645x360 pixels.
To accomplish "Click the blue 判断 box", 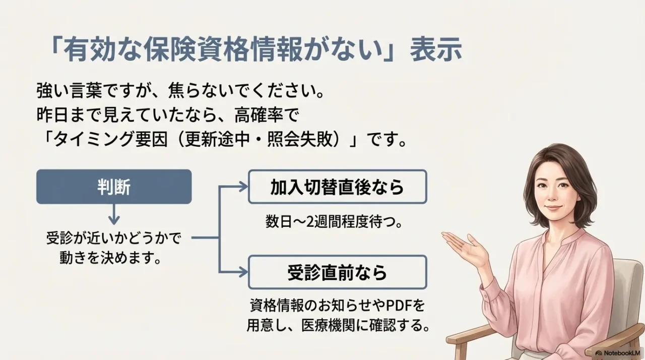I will pos(114,187).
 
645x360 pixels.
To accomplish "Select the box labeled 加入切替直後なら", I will pos(337,187).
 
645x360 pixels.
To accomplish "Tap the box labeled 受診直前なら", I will pos(337,272).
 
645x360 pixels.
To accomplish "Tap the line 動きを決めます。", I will pos(114,259).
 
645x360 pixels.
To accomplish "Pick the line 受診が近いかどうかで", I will pos(114,237).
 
